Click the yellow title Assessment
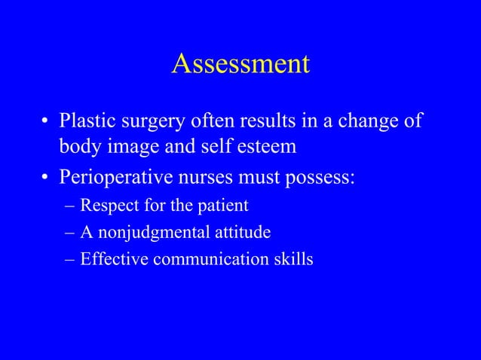[x=240, y=64]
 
